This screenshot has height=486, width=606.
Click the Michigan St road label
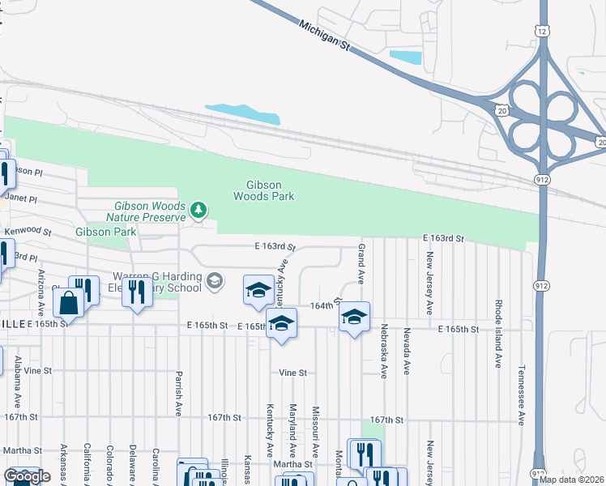(x=323, y=36)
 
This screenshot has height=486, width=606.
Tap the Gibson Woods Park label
(x=263, y=190)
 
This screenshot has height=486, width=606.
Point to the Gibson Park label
(x=105, y=232)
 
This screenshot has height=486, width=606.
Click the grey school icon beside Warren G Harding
(x=214, y=281)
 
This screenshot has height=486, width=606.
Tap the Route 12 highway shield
(x=540, y=29)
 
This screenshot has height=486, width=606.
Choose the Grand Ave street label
(x=361, y=264)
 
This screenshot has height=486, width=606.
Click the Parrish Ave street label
(x=177, y=394)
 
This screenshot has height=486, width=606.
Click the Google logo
(x=27, y=477)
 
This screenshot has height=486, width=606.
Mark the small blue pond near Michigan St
(x=405, y=58)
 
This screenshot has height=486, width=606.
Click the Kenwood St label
(x=28, y=232)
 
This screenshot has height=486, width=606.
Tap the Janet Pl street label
(x=21, y=197)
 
